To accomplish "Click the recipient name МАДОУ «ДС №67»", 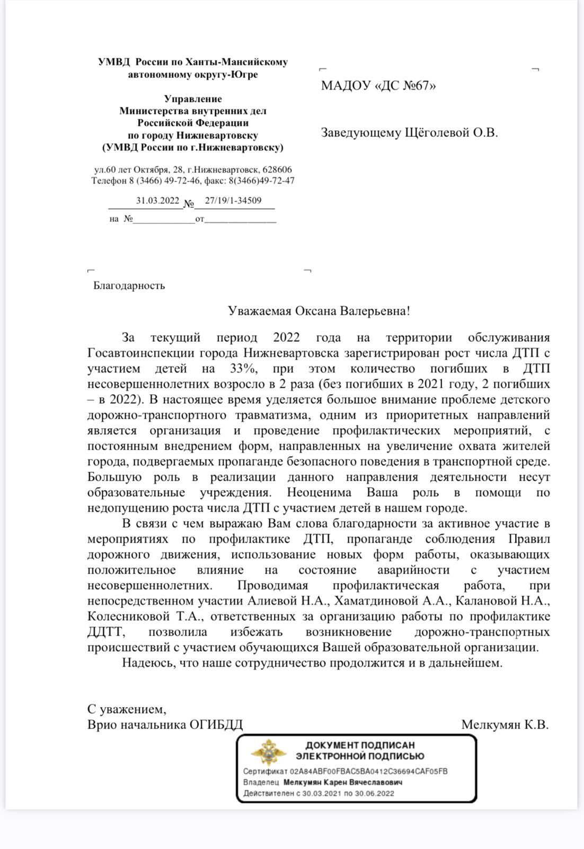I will click(378, 86).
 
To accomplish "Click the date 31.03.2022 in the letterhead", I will click(158, 201).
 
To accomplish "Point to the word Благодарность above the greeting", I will click(129, 285).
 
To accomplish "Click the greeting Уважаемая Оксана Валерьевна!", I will click(318, 310).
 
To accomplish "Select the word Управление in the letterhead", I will click(193, 99).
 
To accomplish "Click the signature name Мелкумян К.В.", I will click(505, 725).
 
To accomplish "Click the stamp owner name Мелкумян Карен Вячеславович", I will click(343, 783).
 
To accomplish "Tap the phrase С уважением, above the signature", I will click(127, 709).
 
